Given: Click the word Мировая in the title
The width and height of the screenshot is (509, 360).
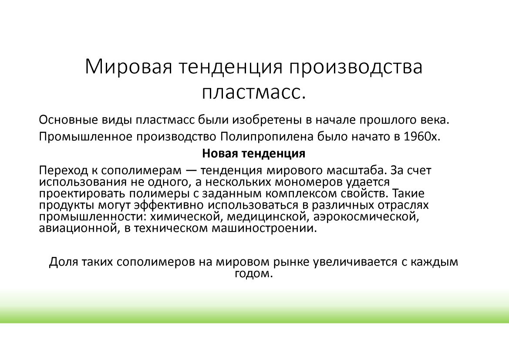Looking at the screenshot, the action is (128, 67).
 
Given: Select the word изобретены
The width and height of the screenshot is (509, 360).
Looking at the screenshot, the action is (267, 120).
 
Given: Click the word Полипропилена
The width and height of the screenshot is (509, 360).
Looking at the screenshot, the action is (267, 136).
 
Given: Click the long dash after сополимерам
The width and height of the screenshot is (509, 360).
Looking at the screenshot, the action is (193, 171).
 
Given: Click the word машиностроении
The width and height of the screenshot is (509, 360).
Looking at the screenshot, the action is (263, 228).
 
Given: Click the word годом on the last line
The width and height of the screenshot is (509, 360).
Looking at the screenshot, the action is (252, 274).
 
